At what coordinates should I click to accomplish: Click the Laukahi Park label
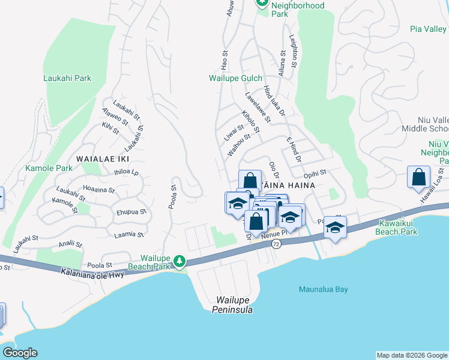point(67,78)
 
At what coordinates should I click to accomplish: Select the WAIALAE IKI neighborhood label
point(103,158)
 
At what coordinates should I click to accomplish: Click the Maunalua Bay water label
point(324,289)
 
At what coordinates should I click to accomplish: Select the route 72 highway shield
point(276,244)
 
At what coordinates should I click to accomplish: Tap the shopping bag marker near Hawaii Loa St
point(418,178)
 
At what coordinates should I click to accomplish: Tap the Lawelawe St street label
point(258,107)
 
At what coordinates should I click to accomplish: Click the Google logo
point(20,353)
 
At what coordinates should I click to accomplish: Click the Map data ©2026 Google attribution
point(411,355)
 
